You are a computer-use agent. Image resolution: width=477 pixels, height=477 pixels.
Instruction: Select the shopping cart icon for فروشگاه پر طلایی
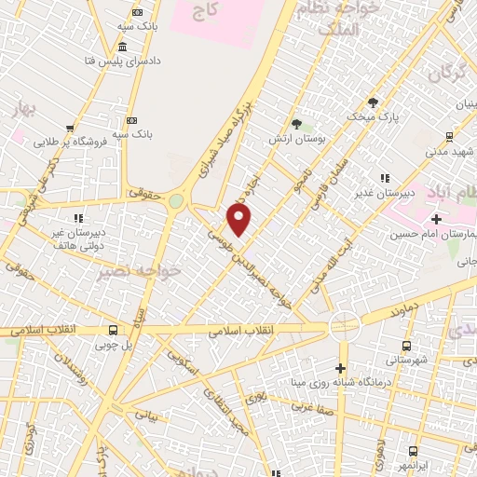pyautogui.click(x=69, y=129)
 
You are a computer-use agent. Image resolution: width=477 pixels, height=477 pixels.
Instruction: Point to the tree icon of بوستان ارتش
pyautogui.click(x=296, y=124)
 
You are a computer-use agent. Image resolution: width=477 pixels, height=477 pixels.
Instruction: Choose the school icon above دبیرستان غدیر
pyautogui.click(x=384, y=178)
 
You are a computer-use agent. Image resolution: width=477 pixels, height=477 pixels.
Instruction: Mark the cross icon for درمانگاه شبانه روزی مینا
pyautogui.click(x=342, y=367)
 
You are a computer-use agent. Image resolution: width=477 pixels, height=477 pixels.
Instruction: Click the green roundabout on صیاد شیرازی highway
pyautogui.click(x=176, y=202)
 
